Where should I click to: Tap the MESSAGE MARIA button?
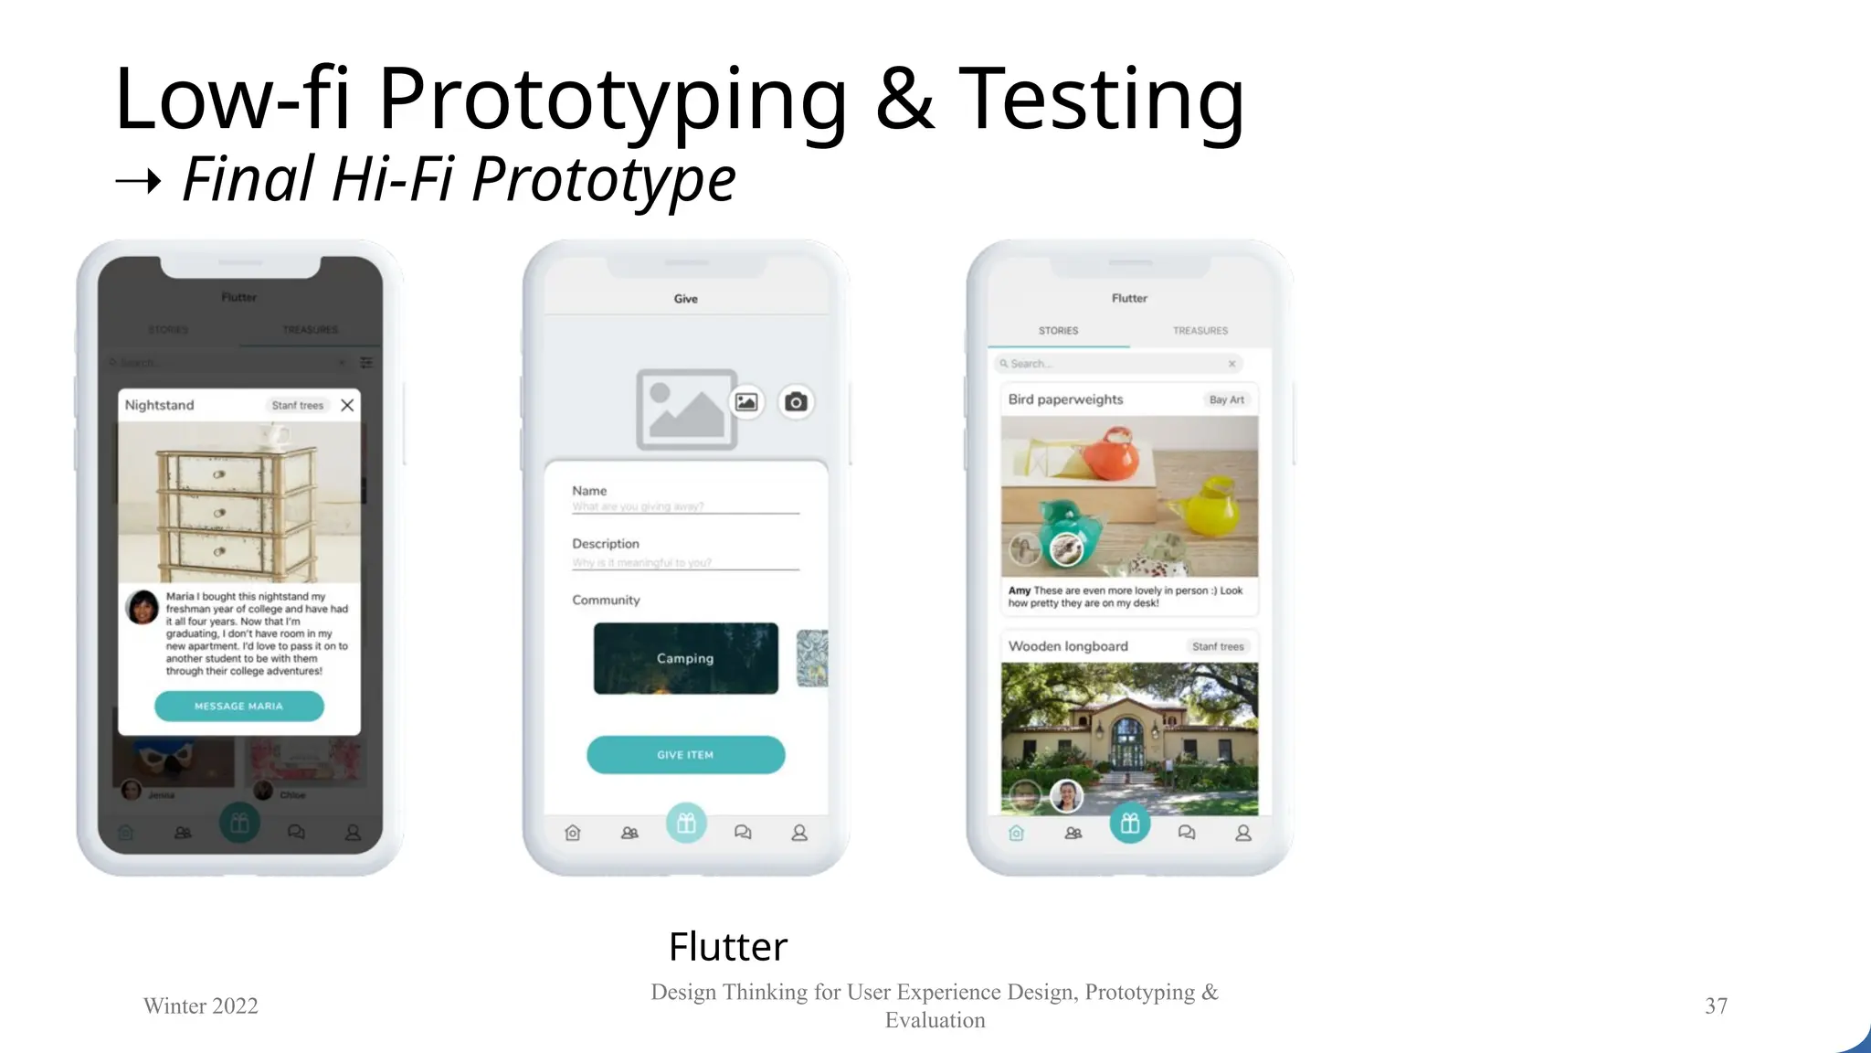tap(238, 706)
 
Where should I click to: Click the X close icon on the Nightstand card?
tap(347, 405)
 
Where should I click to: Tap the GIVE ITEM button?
tap(685, 755)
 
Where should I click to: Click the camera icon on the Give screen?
tap(796, 401)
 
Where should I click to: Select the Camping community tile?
tap(685, 658)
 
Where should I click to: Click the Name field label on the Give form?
tap(589, 491)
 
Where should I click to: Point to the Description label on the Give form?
tap(606, 544)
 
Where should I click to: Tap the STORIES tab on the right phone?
tap(1058, 331)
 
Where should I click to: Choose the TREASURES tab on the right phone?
tap(1200, 331)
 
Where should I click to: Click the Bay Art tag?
tap(1226, 399)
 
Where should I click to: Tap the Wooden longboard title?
tap(1068, 646)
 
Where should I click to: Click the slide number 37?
tap(1716, 1005)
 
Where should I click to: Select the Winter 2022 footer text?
tap(201, 1005)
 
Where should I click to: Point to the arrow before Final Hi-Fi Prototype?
tap(139, 182)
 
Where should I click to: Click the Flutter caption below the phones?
tap(727, 947)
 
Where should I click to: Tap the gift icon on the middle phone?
tap(686, 824)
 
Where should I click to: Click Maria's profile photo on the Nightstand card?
tap(143, 607)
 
